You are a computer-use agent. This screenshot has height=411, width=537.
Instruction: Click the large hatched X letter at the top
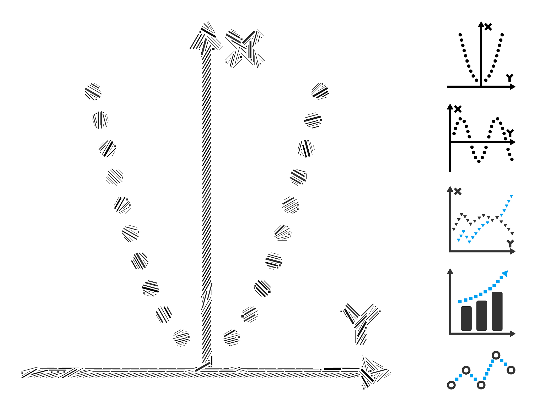245,48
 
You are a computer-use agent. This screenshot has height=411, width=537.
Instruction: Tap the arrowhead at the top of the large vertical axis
206,37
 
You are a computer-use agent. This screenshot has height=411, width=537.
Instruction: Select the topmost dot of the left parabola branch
93,92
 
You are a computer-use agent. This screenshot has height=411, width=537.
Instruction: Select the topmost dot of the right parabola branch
320,91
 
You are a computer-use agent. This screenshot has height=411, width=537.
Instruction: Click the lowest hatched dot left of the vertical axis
181,338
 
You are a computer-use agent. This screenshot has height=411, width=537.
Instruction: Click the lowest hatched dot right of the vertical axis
232,338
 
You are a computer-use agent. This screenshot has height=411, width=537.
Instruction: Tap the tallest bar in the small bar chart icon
497,311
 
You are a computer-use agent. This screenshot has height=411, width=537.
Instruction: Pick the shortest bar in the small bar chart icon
466,318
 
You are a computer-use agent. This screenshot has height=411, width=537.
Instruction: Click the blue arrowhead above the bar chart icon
505,274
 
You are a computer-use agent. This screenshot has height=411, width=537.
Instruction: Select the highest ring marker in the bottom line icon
496,355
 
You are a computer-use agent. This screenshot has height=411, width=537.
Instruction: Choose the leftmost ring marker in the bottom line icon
451,385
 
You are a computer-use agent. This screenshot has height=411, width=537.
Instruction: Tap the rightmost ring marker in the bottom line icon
511,370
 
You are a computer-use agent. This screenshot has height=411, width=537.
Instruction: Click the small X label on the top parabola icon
488,27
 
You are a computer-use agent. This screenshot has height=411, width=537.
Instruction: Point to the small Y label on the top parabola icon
509,78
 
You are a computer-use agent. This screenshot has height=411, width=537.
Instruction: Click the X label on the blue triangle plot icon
458,191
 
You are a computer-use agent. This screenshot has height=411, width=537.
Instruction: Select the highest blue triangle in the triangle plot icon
511,196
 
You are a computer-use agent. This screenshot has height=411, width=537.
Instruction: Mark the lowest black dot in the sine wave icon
479,161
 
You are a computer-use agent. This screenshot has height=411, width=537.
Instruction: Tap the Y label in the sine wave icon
510,133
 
